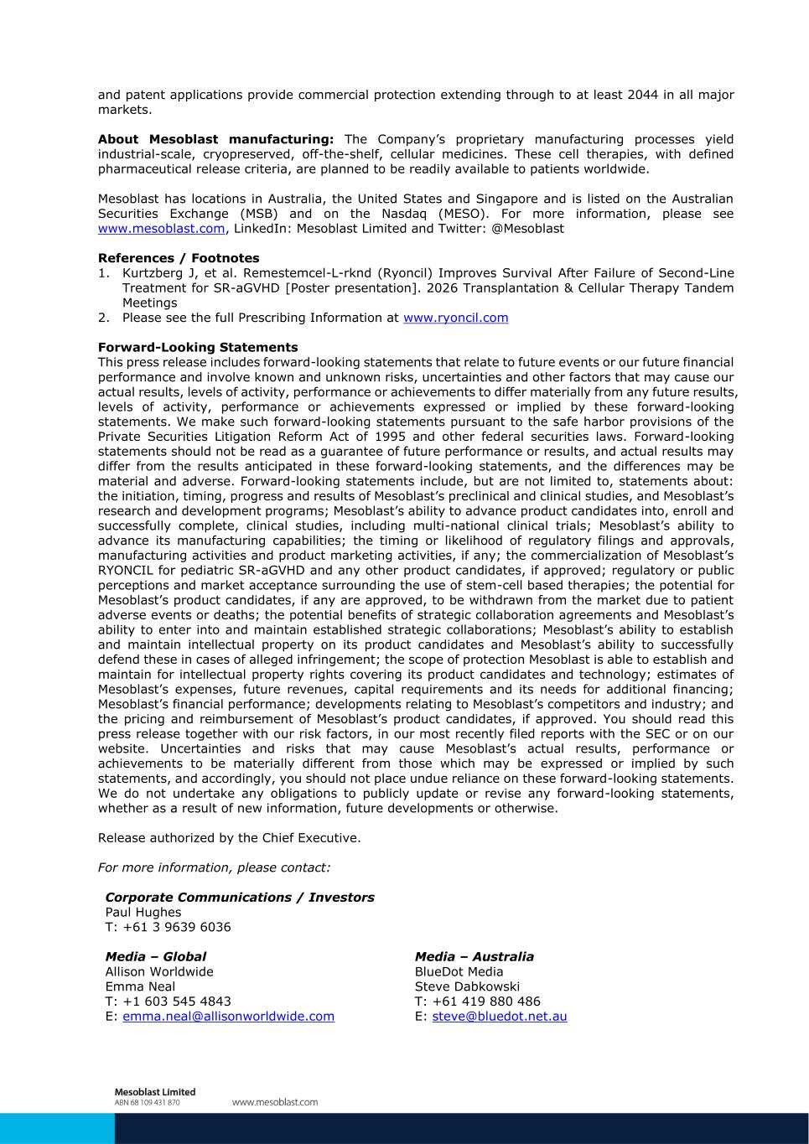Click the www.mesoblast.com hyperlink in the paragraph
point(161,229)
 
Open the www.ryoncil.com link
point(455,318)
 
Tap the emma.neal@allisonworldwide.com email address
point(228,1017)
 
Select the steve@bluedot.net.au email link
point(499,1017)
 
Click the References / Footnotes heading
point(179,258)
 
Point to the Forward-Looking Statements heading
point(198,347)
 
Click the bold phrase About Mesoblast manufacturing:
point(215,139)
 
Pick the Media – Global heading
point(155,957)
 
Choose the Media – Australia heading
point(474,957)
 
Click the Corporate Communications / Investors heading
point(240,898)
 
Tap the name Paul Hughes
point(143,913)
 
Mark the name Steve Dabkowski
point(467,986)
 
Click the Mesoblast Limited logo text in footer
point(154,1092)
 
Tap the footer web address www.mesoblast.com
point(275,1102)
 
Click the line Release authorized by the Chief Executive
point(230,838)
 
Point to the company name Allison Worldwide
point(159,972)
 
